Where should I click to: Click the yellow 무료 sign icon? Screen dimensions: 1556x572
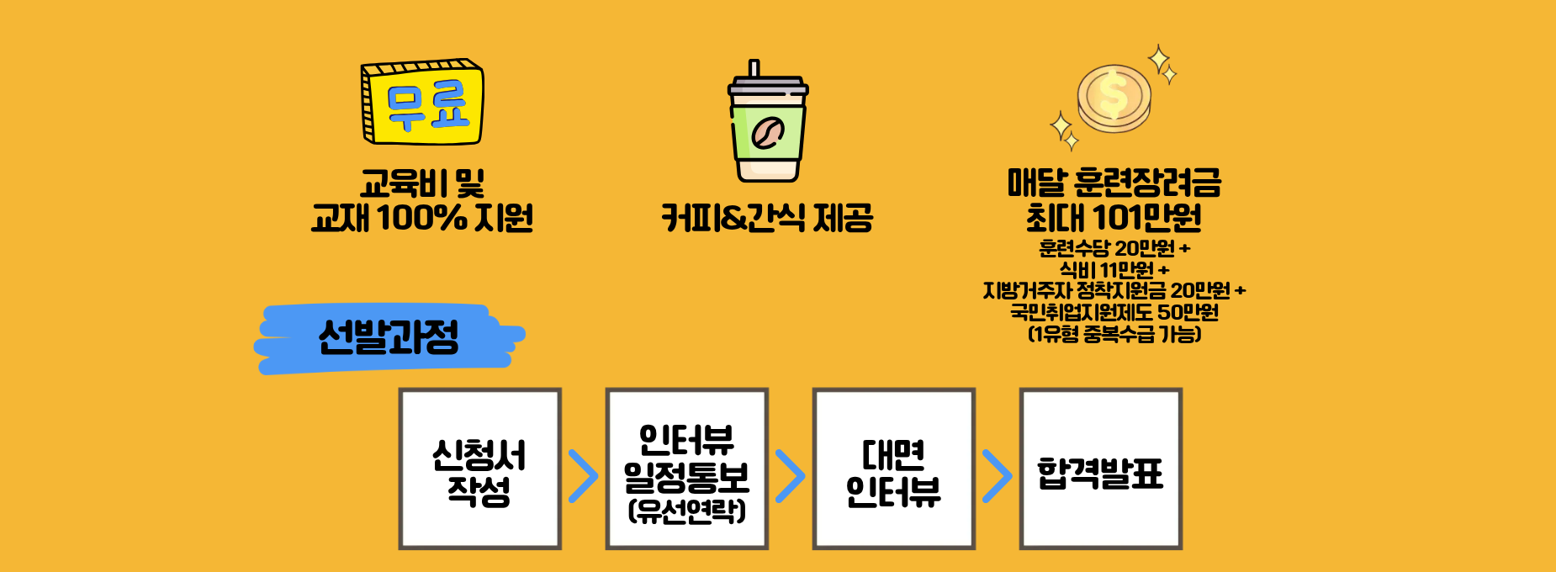422,102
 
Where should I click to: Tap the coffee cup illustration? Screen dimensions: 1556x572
767,121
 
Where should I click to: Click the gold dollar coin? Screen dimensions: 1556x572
1114,99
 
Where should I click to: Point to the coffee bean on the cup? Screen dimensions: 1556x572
767,133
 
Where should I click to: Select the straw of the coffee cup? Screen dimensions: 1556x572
754,69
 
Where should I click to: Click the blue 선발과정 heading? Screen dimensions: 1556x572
389,338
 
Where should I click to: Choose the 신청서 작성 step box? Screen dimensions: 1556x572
479,469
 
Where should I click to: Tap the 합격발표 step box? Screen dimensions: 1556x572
1101,469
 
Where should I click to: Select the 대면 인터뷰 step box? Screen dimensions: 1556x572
893,469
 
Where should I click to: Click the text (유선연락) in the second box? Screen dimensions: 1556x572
687,511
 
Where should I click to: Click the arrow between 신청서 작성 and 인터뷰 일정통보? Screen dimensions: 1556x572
583,476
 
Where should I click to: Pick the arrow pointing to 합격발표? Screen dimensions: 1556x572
997,476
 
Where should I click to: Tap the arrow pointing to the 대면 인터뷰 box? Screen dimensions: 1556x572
790,476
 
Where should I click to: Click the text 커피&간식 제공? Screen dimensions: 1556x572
767,218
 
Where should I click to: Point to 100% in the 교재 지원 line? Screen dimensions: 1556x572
422,218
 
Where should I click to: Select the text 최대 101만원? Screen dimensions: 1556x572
1114,218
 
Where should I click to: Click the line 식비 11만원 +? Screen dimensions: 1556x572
1114,270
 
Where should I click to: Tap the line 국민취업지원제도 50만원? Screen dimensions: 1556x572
1114,313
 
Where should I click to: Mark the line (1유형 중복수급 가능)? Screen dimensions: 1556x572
1114,335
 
